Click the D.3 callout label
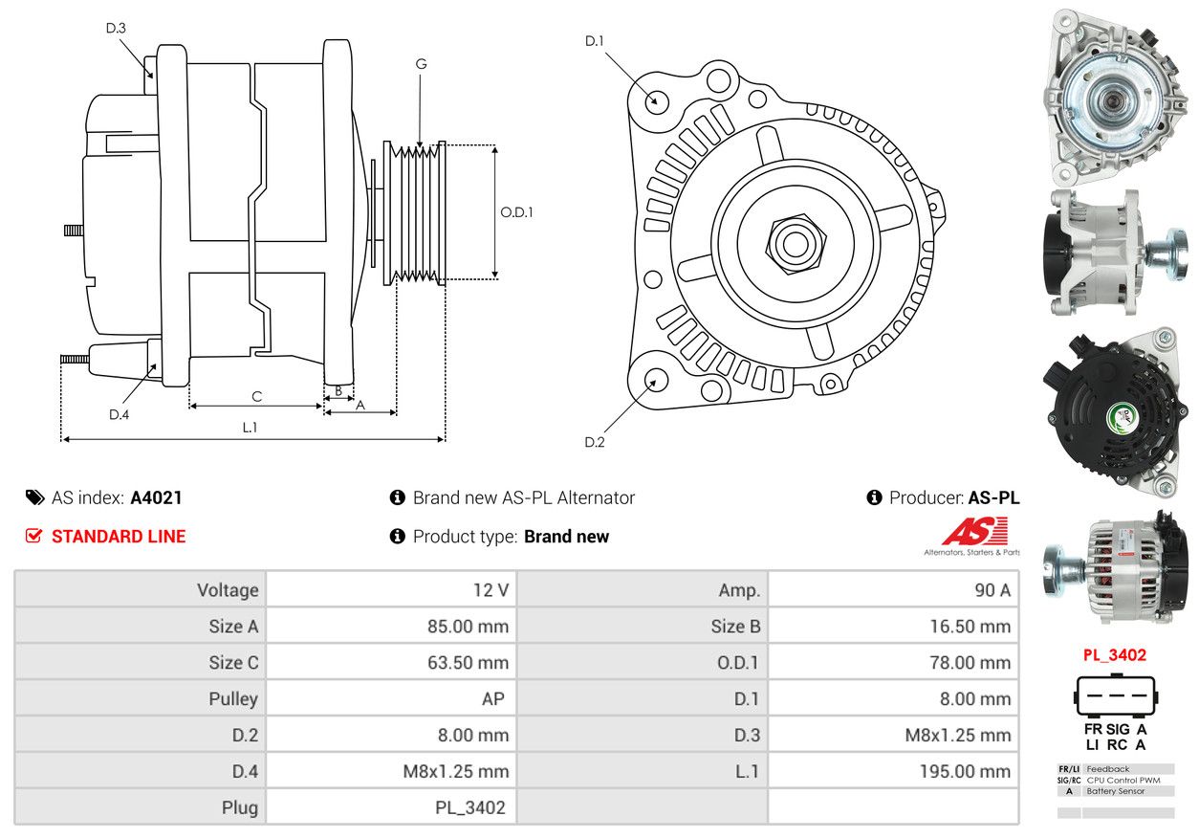[x=116, y=28]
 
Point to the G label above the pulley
[x=421, y=64]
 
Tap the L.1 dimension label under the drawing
[x=250, y=428]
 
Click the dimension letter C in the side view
[x=256, y=396]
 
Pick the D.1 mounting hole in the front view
[x=656, y=99]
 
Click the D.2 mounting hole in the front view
[x=655, y=380]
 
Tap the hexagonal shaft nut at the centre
[x=794, y=243]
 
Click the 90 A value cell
[x=992, y=590]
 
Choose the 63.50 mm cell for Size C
[x=468, y=663]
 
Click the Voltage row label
[x=228, y=590]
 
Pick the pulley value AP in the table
[x=492, y=699]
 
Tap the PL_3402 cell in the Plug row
[x=469, y=807]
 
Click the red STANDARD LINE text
[x=119, y=537]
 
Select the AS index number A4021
[x=156, y=497]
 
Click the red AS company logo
[x=974, y=532]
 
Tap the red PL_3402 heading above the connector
[x=1114, y=655]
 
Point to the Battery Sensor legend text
[x=1116, y=791]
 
